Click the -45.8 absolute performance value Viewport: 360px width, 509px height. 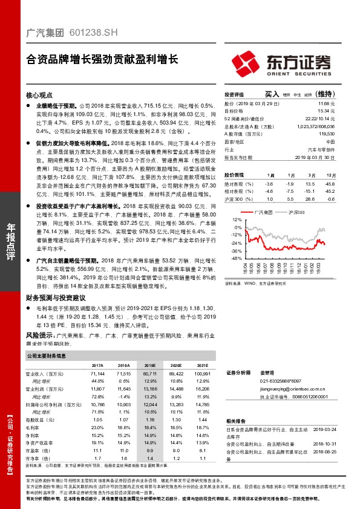pos(330,183)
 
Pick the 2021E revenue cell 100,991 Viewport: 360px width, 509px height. pos(202,375)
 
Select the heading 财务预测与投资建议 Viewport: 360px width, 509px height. pos(55,298)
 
